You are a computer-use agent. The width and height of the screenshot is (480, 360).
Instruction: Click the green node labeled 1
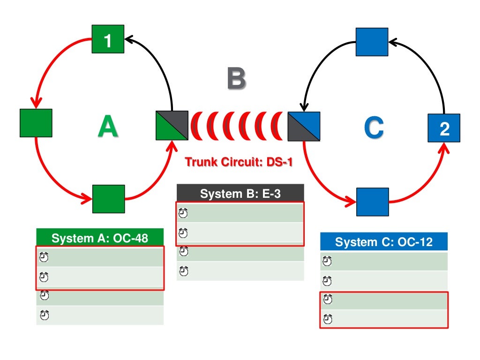108,39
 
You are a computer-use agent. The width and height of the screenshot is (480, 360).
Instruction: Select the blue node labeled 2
443,128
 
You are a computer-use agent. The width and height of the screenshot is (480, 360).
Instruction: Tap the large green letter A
107,127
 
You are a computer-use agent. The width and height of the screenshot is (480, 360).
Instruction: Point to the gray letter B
236,79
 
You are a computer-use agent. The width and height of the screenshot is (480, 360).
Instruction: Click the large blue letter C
374,127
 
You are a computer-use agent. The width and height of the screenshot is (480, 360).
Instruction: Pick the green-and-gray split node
172,126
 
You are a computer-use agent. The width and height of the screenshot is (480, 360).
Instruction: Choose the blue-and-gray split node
304,127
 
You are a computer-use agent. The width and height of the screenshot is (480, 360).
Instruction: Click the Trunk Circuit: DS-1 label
239,163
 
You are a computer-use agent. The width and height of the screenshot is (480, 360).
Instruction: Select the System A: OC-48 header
100,238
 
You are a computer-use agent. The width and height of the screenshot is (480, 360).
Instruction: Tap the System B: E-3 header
240,194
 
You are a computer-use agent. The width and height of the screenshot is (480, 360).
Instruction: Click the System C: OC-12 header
383,242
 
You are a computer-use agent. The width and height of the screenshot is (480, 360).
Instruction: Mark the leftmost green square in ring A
36,123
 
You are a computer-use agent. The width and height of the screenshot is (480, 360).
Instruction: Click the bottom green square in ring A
108,199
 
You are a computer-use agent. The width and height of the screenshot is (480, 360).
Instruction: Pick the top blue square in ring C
372,42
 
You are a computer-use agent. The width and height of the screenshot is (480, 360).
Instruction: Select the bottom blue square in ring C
373,202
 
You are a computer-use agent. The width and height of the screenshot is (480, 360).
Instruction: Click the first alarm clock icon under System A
44,257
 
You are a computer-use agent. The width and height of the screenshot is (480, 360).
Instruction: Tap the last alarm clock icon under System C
328,320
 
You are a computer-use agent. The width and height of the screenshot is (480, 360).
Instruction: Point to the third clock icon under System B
184,252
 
